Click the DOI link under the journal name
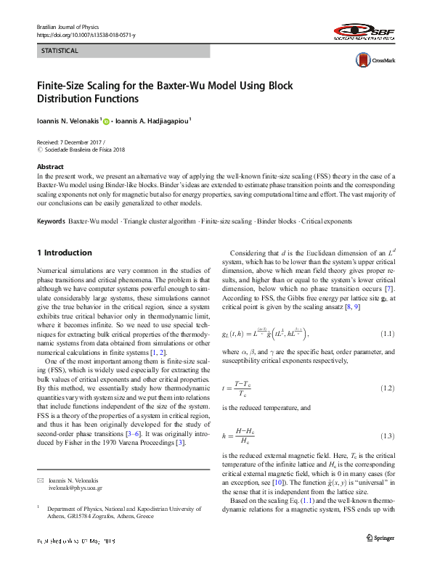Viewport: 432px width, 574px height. click(86, 35)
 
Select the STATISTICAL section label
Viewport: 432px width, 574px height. click(60, 51)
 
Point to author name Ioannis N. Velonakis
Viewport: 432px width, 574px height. click(68, 121)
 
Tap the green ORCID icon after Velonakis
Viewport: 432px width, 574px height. click(105, 121)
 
